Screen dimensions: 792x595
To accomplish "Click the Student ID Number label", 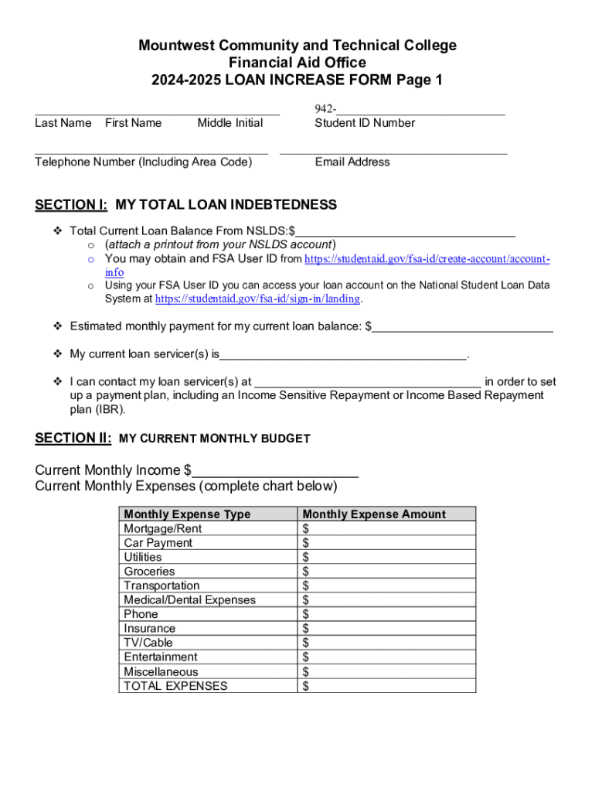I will [x=364, y=123].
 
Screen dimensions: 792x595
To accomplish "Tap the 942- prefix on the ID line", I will [x=325, y=109].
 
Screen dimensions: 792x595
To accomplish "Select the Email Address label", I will [x=352, y=162].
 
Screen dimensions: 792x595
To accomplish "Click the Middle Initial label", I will [x=229, y=123].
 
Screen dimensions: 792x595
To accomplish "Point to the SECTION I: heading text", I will [x=71, y=205].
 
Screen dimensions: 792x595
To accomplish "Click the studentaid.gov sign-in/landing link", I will [x=257, y=299].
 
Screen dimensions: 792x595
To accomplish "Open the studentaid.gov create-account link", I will [x=427, y=259].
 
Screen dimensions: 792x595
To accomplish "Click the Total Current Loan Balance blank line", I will [x=406, y=230].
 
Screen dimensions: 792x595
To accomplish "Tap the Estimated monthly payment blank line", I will [x=462, y=326].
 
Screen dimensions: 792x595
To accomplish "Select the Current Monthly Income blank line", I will [x=275, y=470].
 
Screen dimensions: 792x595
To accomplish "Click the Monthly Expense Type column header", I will [x=187, y=514].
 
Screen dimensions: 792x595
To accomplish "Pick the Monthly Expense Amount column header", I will [x=374, y=514].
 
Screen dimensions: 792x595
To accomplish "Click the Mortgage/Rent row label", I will [x=162, y=528].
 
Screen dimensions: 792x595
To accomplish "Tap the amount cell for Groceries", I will [x=386, y=572].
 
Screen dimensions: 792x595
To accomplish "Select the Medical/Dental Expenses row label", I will [x=189, y=600].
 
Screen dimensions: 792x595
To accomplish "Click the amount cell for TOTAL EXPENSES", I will [x=386, y=686].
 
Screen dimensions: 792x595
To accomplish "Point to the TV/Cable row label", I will [x=148, y=643].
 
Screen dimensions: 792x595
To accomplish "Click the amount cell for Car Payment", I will [x=386, y=543].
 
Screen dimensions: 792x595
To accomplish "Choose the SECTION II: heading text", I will [x=73, y=439].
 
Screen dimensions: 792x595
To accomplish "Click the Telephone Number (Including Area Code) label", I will [x=143, y=162].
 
